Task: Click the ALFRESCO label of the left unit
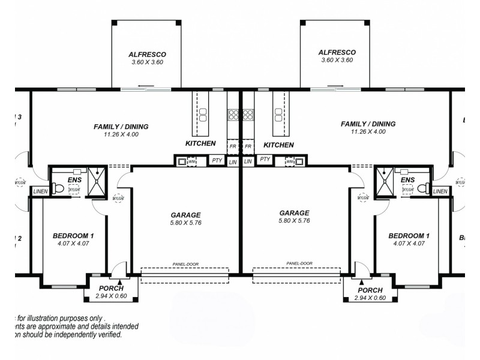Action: (x=147, y=53)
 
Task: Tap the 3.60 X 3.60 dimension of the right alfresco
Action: (x=337, y=61)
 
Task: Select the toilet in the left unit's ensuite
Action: (x=58, y=188)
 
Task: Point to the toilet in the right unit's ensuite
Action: (x=422, y=188)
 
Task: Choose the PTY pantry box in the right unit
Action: (x=264, y=160)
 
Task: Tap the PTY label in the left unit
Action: (x=217, y=161)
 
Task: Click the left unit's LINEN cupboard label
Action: (x=40, y=191)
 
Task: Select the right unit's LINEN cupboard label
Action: (x=440, y=191)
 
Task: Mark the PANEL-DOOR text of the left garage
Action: (x=184, y=264)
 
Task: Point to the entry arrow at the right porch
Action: (x=361, y=281)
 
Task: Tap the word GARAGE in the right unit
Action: (x=294, y=213)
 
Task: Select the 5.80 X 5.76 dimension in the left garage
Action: (x=185, y=222)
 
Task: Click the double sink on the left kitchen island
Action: (x=203, y=115)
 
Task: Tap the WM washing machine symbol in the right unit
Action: (x=290, y=161)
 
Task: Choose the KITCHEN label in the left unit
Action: (x=200, y=144)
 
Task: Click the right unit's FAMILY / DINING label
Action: (x=368, y=124)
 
